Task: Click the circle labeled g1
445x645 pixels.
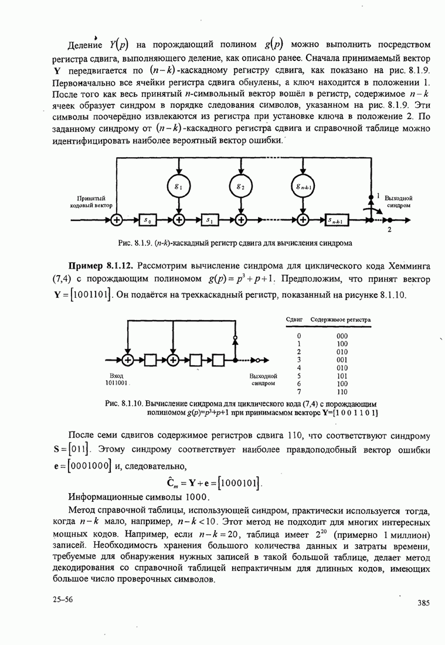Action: pos(178,186)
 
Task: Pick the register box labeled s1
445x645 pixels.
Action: pos(210,220)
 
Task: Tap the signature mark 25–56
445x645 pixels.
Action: pos(62,599)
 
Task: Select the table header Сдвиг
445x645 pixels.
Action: pos(293,320)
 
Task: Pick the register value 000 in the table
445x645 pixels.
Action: pos(342,336)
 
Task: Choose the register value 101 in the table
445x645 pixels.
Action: pos(342,376)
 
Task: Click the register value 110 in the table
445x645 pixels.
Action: pos(342,392)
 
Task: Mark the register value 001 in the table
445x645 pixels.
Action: pos(342,360)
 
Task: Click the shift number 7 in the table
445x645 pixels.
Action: pos(299,392)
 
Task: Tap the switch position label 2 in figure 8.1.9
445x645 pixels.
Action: pos(389,230)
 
